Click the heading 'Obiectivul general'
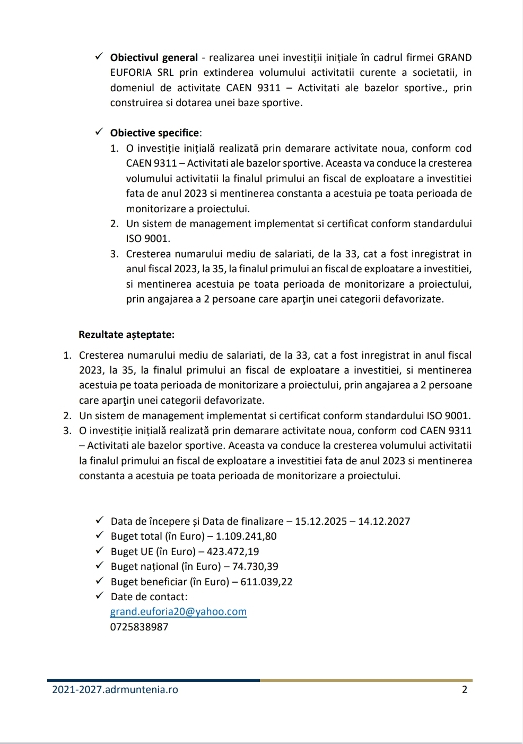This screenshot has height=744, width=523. (x=154, y=58)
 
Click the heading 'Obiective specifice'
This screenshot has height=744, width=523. (x=155, y=133)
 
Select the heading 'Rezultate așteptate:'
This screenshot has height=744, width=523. (x=126, y=335)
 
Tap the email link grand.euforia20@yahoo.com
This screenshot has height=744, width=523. (x=178, y=612)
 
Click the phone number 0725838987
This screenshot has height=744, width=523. (x=139, y=627)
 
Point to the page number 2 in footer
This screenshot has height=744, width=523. (x=465, y=690)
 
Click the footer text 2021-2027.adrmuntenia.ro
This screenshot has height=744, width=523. (x=115, y=690)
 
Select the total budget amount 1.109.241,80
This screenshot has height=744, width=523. (x=246, y=537)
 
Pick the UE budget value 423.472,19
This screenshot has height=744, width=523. (x=229, y=551)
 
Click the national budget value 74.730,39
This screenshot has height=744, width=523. (x=255, y=567)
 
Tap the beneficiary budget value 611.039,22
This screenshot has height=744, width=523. (x=266, y=582)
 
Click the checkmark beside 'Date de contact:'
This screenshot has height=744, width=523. (x=99, y=596)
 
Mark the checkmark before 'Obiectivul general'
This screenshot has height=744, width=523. (x=99, y=57)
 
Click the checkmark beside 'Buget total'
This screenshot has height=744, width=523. (x=99, y=536)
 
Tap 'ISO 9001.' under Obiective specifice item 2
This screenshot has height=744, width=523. (x=148, y=239)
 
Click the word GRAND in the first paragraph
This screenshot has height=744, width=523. (x=455, y=58)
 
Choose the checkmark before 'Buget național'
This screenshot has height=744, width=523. (x=99, y=566)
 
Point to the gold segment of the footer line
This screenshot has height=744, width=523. (x=366, y=680)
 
